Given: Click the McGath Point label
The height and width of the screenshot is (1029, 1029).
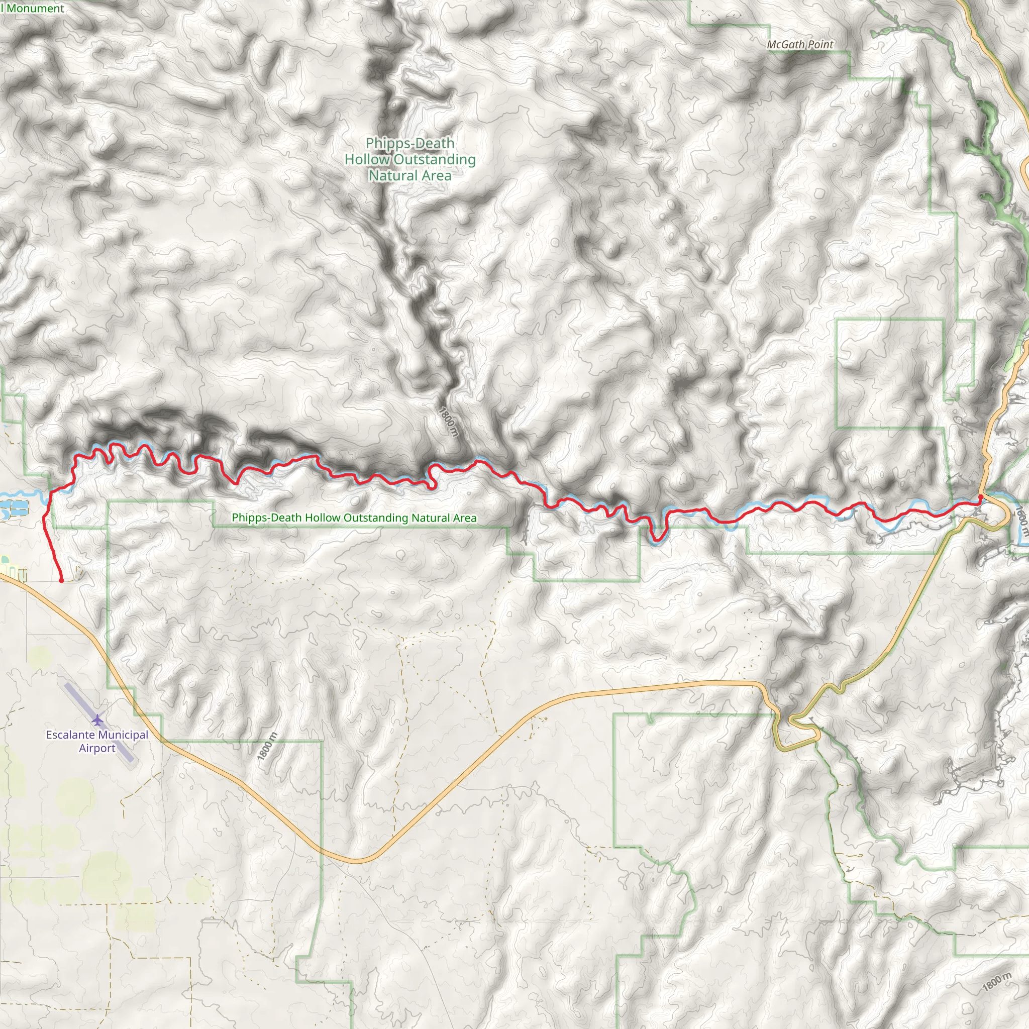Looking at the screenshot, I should click(x=799, y=45).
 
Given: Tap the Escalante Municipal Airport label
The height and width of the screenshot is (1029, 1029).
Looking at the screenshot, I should click(x=97, y=741).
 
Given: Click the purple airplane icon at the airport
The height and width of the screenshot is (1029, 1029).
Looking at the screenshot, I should click(x=97, y=719).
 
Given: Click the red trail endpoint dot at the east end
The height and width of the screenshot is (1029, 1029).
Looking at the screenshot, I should click(x=981, y=497).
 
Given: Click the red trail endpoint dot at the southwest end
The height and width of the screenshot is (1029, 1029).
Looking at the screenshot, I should click(x=61, y=580).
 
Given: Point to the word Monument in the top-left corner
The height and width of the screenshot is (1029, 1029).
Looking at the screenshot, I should click(x=35, y=8).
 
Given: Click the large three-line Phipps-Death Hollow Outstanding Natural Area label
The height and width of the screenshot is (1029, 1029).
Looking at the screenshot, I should click(x=409, y=159).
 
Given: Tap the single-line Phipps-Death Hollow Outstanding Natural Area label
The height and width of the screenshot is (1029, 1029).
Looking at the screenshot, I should click(x=354, y=518).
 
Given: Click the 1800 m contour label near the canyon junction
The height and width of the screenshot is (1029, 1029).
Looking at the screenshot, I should click(x=449, y=422).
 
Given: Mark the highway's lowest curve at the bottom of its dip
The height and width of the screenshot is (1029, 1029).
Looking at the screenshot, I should click(x=357, y=861).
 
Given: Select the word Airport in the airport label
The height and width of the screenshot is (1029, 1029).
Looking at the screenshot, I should click(x=97, y=748).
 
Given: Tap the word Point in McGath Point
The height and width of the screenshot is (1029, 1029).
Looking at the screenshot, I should click(x=819, y=45).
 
